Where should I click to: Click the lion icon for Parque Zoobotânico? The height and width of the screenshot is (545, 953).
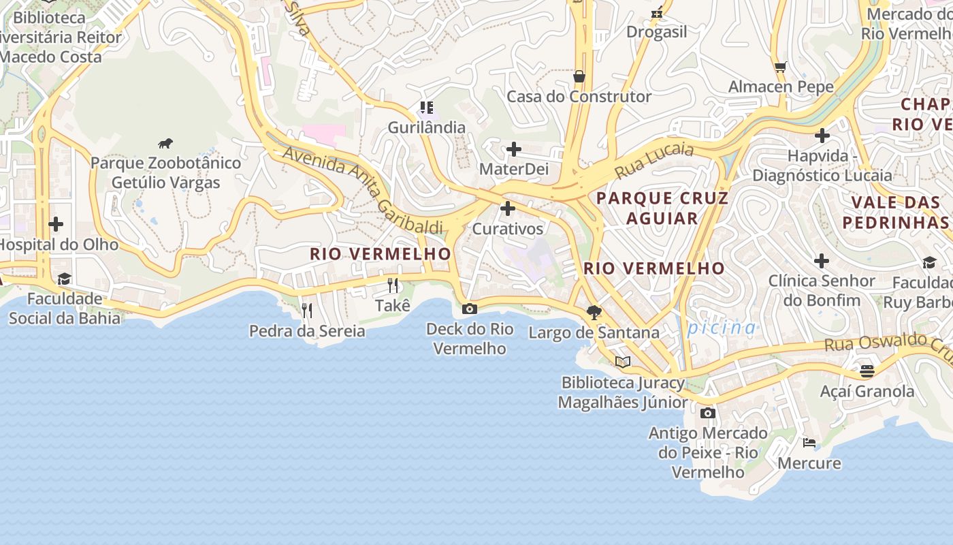(165, 143)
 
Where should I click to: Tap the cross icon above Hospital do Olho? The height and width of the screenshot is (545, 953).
(56, 224)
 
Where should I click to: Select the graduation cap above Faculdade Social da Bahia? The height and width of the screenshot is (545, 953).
(65, 279)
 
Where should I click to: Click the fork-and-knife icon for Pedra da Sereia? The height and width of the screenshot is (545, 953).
(307, 311)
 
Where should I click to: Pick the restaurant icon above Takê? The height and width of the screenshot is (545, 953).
(393, 285)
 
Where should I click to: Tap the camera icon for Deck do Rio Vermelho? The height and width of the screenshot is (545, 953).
(469, 309)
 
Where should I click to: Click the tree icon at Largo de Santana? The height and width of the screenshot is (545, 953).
(594, 312)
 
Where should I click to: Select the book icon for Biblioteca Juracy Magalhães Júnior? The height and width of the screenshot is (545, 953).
(623, 362)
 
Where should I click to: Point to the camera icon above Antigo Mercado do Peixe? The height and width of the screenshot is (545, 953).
(708, 413)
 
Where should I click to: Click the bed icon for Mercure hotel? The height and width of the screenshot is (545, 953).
(809, 443)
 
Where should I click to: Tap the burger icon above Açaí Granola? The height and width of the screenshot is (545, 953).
(867, 371)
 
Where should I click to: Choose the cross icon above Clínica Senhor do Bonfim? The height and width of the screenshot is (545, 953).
(822, 260)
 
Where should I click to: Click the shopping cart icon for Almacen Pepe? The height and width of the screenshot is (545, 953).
(780, 67)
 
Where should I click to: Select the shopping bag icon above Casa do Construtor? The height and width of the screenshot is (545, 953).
(579, 76)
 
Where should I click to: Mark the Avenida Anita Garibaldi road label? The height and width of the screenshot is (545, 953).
(363, 190)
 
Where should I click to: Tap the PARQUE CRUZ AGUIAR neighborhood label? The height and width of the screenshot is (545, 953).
(662, 208)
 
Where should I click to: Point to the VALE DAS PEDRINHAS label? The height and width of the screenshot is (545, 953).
(895, 212)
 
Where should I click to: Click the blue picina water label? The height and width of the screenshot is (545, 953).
(722, 328)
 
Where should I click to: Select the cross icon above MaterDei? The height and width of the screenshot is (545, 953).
(514, 149)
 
